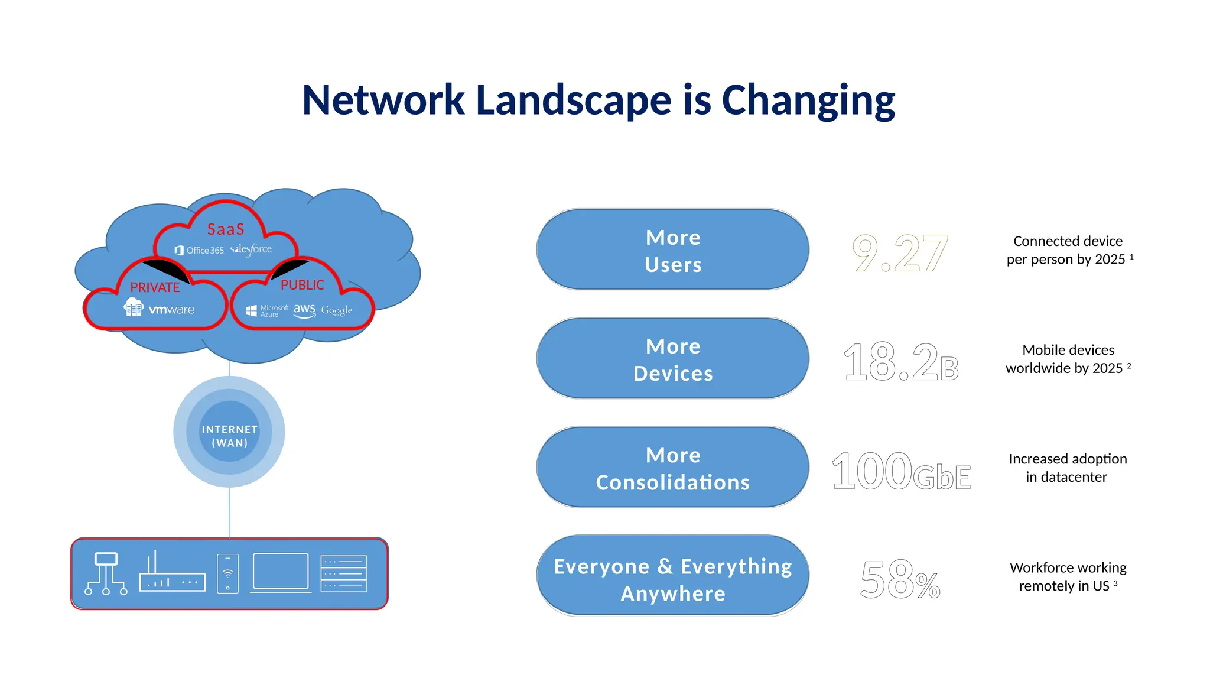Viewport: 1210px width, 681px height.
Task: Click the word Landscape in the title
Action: [x=573, y=100]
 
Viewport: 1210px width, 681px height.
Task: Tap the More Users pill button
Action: [x=672, y=250]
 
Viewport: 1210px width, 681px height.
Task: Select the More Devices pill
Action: [x=672, y=359]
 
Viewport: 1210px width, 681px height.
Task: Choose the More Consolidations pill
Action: [x=672, y=468]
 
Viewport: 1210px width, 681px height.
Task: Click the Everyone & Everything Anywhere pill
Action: [x=672, y=576]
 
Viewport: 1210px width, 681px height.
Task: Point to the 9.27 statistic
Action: [x=899, y=253]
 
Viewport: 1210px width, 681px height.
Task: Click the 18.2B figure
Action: [x=900, y=362]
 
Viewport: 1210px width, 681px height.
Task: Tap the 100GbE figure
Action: [x=900, y=471]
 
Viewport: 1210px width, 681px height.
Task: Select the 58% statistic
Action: [x=899, y=580]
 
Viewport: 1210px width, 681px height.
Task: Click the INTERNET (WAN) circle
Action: [x=229, y=436]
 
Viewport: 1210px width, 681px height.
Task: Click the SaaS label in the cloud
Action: [x=226, y=229]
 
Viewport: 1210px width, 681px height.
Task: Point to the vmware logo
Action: [x=171, y=309]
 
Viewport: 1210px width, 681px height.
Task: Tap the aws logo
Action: [x=304, y=310]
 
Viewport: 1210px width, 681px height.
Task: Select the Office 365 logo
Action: [x=200, y=250]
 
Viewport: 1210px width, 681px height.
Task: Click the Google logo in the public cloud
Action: [x=336, y=310]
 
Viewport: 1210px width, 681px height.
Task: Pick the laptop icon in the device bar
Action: [x=281, y=573]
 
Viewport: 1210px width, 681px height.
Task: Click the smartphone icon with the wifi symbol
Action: [x=227, y=573]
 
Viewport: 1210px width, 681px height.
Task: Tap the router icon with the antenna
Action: [x=172, y=573]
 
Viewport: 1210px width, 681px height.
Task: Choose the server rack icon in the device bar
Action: [x=343, y=573]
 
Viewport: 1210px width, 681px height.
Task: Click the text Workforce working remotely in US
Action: [x=1068, y=576]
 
